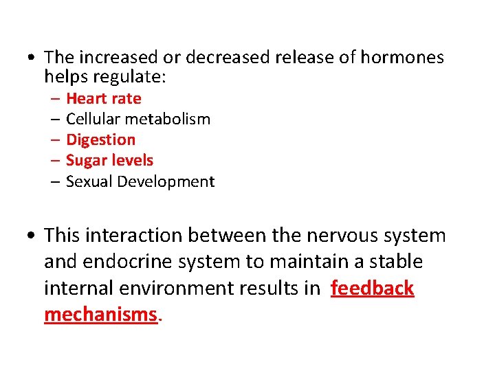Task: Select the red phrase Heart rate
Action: [x=103, y=98]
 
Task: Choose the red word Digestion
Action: [x=100, y=139]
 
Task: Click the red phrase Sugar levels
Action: [x=109, y=160]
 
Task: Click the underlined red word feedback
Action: [x=372, y=288]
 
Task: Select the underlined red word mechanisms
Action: [x=100, y=314]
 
